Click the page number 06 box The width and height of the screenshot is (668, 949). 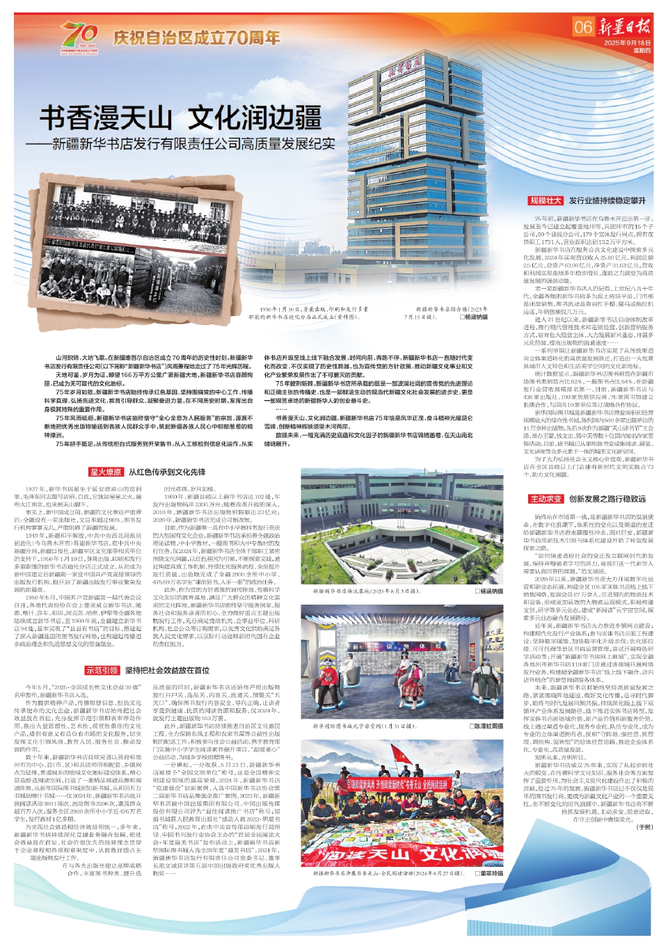click(583, 27)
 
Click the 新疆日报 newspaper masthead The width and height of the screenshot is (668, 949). click(625, 27)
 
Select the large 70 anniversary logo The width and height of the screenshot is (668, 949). click(79, 35)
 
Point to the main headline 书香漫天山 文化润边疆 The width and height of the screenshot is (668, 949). click(180, 118)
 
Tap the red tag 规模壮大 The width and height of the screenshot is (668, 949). click(545, 201)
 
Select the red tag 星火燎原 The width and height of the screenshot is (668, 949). click(106, 472)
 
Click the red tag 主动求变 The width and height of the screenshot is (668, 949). click(545, 499)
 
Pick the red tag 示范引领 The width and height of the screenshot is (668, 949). click(102, 671)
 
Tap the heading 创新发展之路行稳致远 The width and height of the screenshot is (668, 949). click(607, 499)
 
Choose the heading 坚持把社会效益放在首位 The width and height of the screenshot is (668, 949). click(167, 671)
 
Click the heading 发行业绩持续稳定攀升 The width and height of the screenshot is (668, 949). click(607, 201)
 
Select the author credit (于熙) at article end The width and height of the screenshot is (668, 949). click(645, 827)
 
